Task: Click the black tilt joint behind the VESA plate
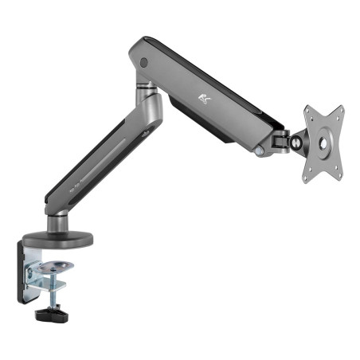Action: pos(284,140)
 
